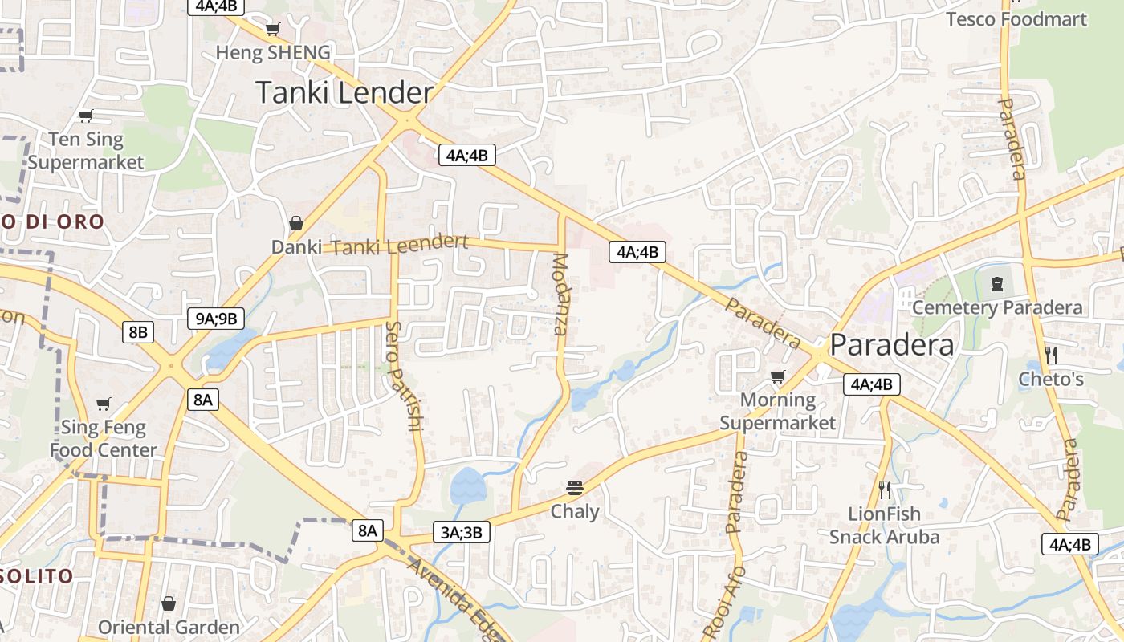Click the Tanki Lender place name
[x=344, y=93]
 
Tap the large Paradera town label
[x=892, y=345]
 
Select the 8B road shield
[x=137, y=331]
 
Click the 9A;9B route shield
[x=216, y=319]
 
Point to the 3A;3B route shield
[x=462, y=531]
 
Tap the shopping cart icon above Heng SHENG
[x=272, y=30]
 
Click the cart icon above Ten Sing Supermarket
[x=85, y=116]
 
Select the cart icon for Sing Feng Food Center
[x=103, y=404]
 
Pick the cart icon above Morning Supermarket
[x=777, y=376]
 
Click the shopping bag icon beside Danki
[x=296, y=223]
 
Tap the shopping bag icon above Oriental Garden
[x=169, y=603]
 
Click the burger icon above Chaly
[x=575, y=487]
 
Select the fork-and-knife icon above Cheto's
[x=1050, y=355]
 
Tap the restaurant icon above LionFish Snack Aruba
[x=885, y=490]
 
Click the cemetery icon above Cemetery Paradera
[x=997, y=282]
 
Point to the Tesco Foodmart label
[x=1016, y=19]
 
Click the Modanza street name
[x=560, y=294]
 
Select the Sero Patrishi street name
[x=404, y=376]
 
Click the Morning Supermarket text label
[x=777, y=411]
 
